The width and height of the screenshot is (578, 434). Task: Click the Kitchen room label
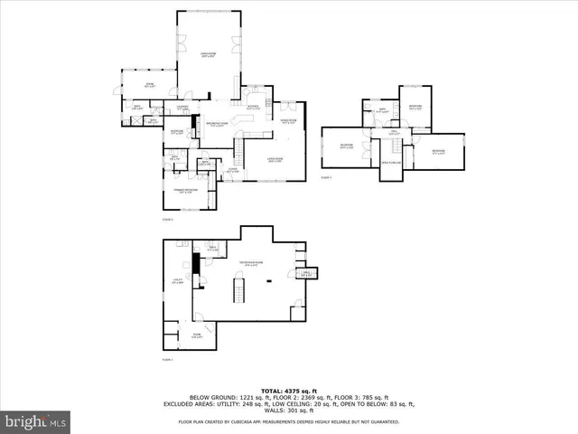[x=253, y=107]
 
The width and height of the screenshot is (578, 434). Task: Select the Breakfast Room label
[x=217, y=125]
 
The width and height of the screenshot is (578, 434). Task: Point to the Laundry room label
[x=182, y=107]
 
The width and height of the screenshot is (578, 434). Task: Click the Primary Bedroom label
[x=187, y=192]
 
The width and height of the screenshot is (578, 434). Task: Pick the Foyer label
[x=232, y=170]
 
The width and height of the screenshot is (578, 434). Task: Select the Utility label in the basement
[x=179, y=281]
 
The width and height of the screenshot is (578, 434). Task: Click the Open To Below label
[x=392, y=163]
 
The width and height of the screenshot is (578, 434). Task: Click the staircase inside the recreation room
[x=238, y=291]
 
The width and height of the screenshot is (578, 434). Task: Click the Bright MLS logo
[x=36, y=422]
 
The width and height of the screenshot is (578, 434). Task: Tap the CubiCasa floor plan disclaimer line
[x=289, y=421]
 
